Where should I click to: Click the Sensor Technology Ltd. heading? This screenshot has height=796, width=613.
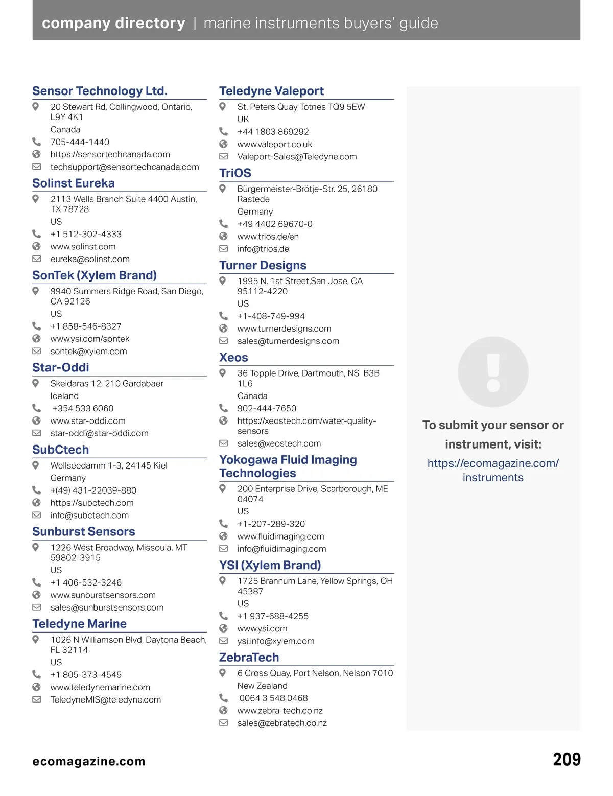tap(100, 91)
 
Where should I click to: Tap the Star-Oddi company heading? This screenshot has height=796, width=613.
tap(60, 367)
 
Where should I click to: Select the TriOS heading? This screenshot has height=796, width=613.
tap(235, 173)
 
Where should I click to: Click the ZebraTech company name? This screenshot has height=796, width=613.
tap(249, 658)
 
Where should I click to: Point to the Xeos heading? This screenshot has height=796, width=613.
tap(233, 358)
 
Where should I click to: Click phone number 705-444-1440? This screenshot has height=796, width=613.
tap(80, 142)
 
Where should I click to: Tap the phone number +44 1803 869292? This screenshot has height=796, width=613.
tap(273, 132)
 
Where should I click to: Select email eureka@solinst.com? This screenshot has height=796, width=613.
tap(90, 259)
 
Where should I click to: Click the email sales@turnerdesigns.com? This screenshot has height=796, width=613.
tap(288, 341)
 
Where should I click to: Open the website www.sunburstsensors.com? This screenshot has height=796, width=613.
tap(103, 595)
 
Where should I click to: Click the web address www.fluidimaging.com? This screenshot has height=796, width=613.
tap(280, 536)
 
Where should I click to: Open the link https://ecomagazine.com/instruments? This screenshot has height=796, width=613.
tap(493, 470)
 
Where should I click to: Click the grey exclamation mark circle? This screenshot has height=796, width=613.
tap(493, 371)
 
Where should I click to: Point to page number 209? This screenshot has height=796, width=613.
tap(567, 760)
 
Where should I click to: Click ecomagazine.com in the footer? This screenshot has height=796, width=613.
tap(89, 762)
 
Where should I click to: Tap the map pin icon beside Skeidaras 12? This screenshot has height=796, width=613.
tap(36, 383)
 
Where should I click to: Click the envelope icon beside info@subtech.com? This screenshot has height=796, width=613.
tap(36, 515)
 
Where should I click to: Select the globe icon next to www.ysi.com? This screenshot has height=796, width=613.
tap(223, 628)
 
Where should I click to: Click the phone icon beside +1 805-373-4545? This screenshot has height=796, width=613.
tap(36, 674)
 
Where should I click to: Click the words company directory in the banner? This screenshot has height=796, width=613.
tap(113, 23)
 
